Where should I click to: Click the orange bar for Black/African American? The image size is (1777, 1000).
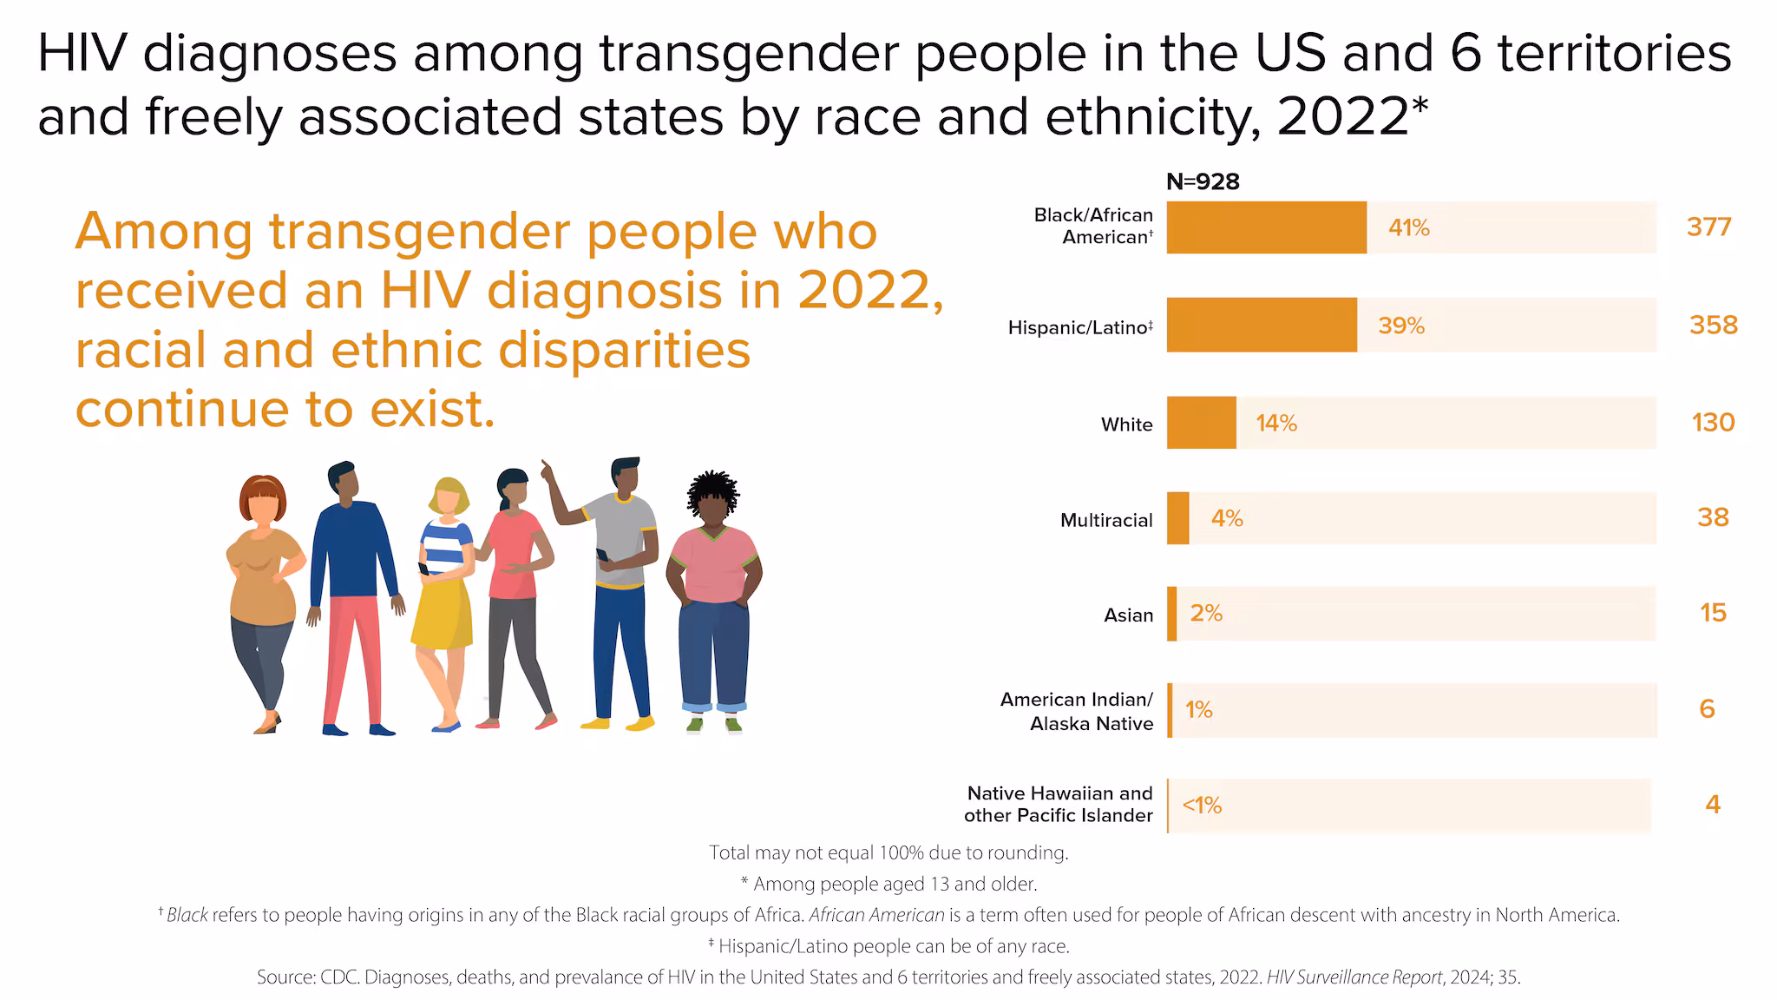click(x=1266, y=227)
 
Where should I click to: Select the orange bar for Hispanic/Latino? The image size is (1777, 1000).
click(x=1261, y=325)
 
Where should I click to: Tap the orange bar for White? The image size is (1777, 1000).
click(x=1201, y=423)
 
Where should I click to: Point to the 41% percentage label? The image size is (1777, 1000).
click(x=1408, y=227)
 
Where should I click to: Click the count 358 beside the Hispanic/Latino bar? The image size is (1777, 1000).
click(x=1713, y=325)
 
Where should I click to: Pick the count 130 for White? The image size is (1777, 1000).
click(x=1713, y=423)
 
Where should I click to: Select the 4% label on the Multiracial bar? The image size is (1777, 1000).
click(x=1227, y=518)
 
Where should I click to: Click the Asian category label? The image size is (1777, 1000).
click(x=1128, y=615)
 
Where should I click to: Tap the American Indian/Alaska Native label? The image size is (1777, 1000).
click(x=1077, y=711)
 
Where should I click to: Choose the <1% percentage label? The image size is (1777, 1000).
click(x=1202, y=806)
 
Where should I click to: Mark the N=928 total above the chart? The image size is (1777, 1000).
click(x=1203, y=181)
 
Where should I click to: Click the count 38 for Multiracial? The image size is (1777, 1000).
click(x=1713, y=517)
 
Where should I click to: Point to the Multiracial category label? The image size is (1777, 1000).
click(x=1106, y=520)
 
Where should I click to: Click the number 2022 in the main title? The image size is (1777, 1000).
click(x=1342, y=117)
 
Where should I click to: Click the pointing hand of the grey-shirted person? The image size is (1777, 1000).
click(x=547, y=470)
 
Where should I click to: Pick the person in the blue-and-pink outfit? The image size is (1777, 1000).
click(x=351, y=599)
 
